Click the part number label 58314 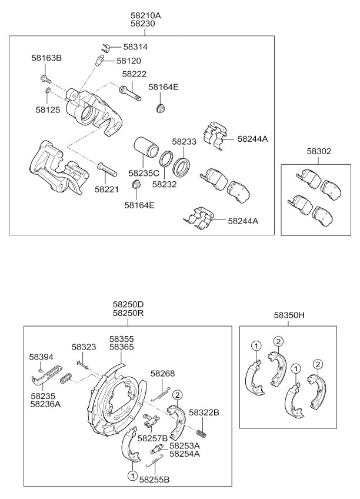click(135, 47)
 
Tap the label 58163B click(46, 58)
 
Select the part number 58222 click(134, 74)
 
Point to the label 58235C click(144, 173)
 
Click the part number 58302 click(319, 151)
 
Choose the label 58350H click(289, 315)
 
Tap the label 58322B click(204, 412)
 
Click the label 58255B click(154, 480)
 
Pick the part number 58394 click(41, 357)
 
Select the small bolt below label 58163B click(44, 77)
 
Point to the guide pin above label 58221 click(108, 169)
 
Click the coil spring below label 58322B click(200, 434)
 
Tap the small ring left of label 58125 click(48, 91)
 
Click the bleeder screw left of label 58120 click(100, 60)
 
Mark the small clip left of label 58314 click(106, 47)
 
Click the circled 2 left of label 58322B click(178, 395)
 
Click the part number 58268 click(162, 373)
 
